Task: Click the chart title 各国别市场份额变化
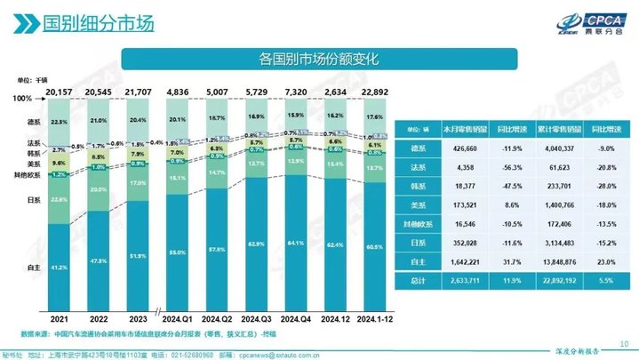320,60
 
